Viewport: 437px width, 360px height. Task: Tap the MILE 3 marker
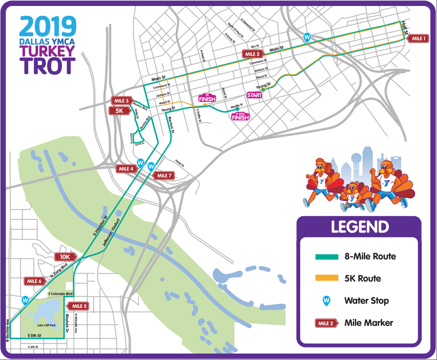tap(122, 101)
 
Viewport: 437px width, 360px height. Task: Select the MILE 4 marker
tap(126, 169)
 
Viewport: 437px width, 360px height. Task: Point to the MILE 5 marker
tap(80, 306)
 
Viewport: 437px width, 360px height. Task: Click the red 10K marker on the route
tap(65, 257)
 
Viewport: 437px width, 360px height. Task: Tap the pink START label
tap(254, 95)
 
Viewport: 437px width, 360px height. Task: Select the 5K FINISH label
tap(207, 98)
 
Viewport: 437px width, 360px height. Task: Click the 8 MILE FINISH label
tap(240, 116)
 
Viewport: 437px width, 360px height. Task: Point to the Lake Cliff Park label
tap(46, 325)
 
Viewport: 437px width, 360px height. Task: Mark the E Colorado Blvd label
tap(60, 294)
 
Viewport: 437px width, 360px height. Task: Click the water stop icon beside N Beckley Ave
tap(25, 301)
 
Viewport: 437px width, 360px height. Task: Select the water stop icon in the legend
tap(326, 301)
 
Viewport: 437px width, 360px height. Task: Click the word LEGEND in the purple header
tap(360, 227)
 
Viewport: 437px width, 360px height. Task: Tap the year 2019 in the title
tap(48, 27)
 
